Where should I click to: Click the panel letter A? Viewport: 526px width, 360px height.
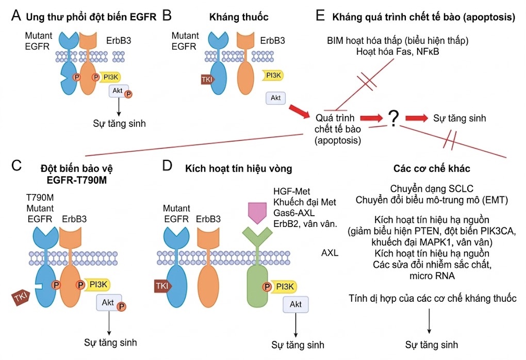(17, 16)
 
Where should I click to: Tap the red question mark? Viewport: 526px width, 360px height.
(393, 119)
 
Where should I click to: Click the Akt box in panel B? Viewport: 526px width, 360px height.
(275, 97)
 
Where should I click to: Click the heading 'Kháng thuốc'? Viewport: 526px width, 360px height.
(239, 17)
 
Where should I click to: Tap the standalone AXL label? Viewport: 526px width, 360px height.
(330, 253)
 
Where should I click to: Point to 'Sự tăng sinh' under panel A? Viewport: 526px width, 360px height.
(119, 124)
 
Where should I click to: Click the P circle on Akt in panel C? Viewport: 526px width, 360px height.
(122, 307)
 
